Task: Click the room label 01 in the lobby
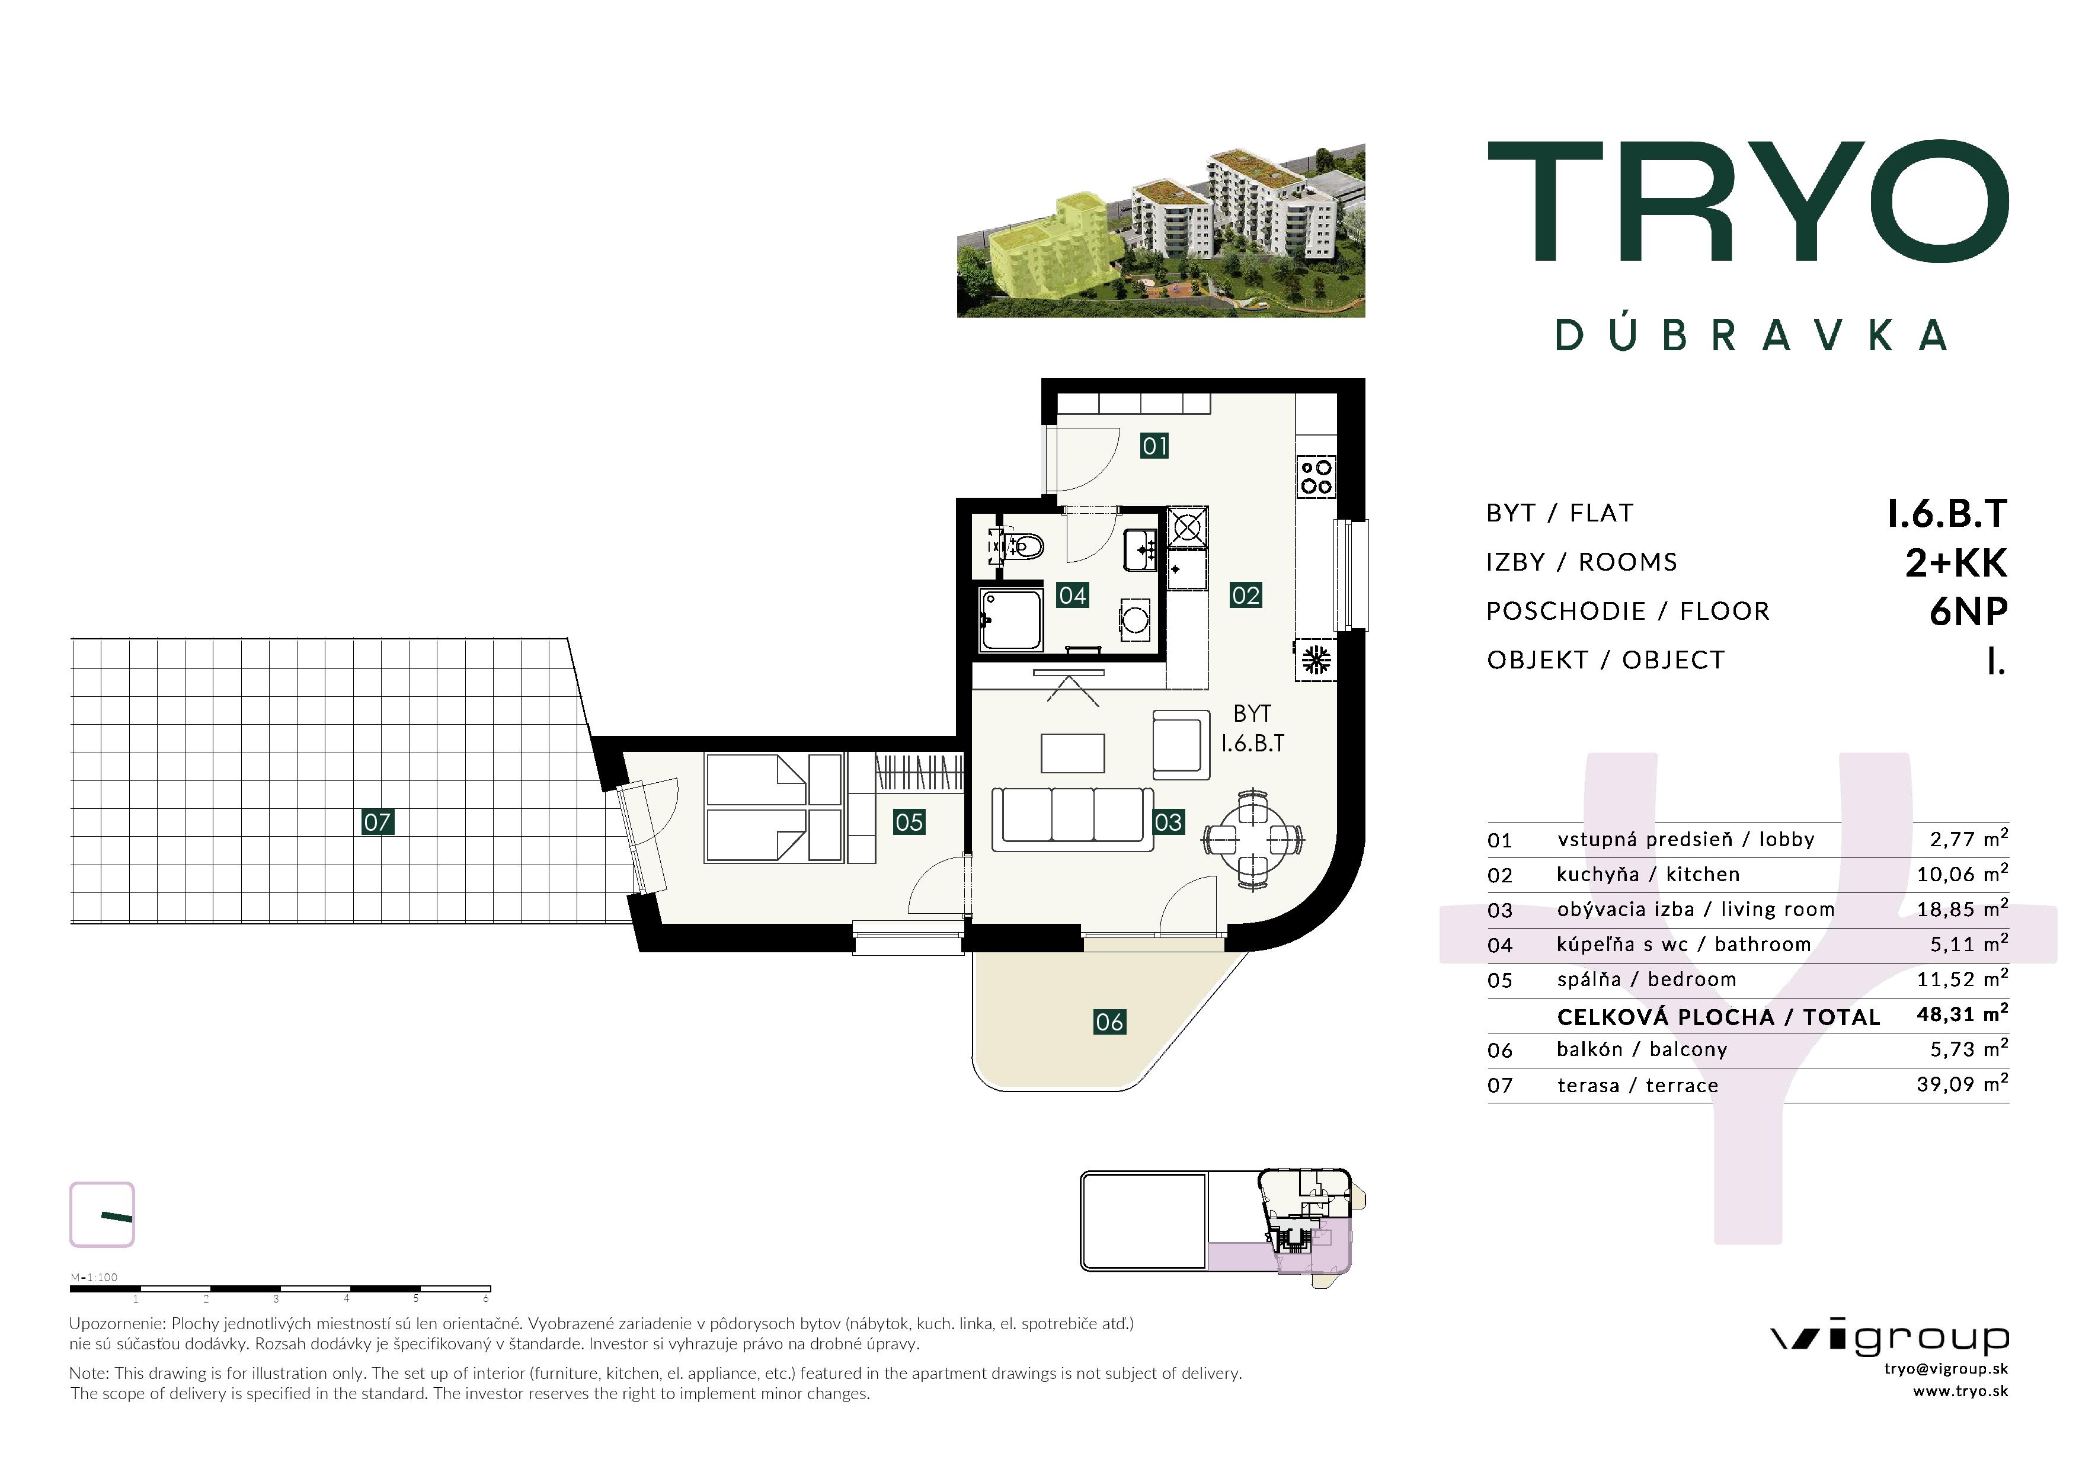point(1154,445)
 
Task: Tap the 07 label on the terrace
point(377,822)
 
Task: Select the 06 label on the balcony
point(1109,1022)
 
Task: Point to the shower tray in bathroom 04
point(1012,620)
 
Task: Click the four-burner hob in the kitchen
point(1316,476)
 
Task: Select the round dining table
point(1253,839)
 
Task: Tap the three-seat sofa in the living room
point(1072,818)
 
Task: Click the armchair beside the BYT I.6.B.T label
point(1181,744)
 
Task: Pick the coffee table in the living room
point(1072,753)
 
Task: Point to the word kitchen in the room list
point(1702,874)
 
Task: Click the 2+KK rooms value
point(1956,562)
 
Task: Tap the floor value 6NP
point(1969,612)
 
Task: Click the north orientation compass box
point(103,1215)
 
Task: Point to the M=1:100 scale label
point(94,1277)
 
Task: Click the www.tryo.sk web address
point(1960,1391)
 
